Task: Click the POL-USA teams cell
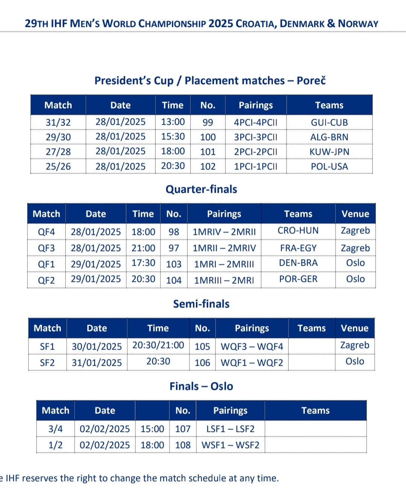click(x=329, y=166)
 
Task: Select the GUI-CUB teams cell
click(x=329, y=123)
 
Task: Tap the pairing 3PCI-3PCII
click(x=256, y=137)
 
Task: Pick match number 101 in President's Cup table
click(x=208, y=152)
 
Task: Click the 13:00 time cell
click(x=173, y=122)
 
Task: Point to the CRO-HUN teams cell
click(x=298, y=230)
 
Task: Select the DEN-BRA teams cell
click(x=298, y=263)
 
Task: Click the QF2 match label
click(x=46, y=280)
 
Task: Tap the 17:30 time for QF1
click(x=143, y=263)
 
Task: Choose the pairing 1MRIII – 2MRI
click(x=224, y=280)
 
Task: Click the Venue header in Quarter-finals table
click(x=355, y=214)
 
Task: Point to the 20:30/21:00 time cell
click(x=158, y=345)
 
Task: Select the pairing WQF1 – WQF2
click(x=252, y=363)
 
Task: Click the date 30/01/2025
click(x=97, y=346)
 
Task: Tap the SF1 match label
click(x=47, y=346)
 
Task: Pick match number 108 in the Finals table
click(x=183, y=445)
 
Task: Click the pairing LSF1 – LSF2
click(x=230, y=429)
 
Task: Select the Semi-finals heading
click(x=201, y=304)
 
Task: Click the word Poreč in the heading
click(x=311, y=80)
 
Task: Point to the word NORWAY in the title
click(x=358, y=24)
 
